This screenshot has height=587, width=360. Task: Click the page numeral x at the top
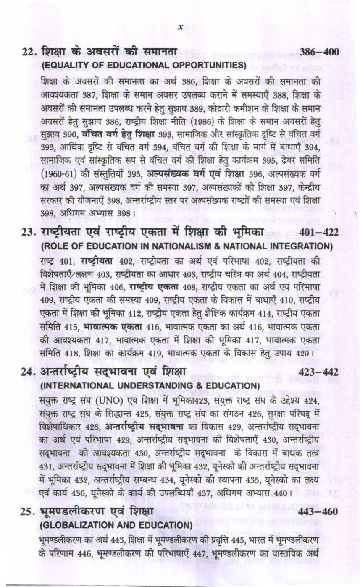pyautogui.click(x=181, y=27)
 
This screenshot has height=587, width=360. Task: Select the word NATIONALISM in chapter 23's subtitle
pyautogui.click(x=181, y=246)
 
